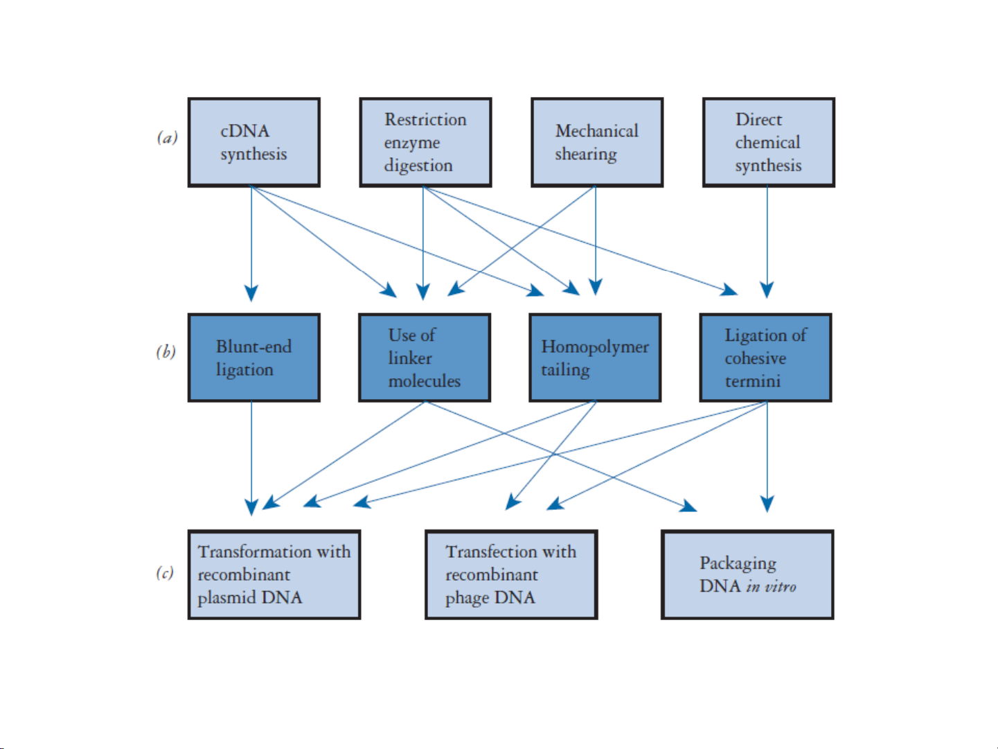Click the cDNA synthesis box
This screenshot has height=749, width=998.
253,142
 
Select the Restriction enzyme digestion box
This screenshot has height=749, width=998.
425,142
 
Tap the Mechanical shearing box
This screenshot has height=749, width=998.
597,142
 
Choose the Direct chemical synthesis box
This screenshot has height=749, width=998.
768,142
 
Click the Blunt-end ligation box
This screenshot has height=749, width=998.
253,358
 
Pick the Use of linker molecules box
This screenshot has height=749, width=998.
425,358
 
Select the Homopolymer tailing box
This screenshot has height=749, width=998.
595,358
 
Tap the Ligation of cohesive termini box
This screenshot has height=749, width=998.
766,358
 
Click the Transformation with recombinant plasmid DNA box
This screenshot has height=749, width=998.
274,574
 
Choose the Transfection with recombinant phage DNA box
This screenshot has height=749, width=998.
511,574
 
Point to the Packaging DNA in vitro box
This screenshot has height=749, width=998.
747,574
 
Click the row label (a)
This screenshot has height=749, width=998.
168,137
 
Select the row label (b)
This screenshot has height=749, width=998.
166,352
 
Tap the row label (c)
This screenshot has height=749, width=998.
165,572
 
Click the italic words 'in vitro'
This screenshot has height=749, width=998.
771,587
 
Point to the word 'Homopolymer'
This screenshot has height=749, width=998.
595,347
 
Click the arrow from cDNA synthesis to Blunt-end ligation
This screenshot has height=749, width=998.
251,244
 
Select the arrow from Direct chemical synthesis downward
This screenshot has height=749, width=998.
767,242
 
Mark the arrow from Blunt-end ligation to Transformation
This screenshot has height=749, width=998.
251,459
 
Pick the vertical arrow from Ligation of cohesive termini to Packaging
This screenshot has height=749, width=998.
767,457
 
